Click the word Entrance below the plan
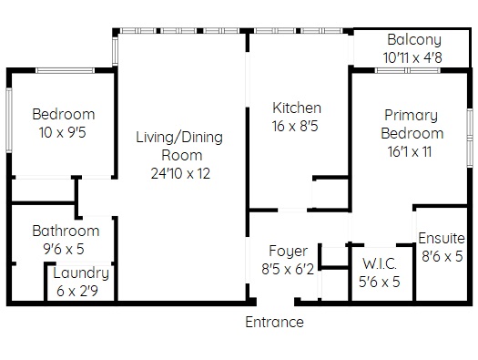pyautogui.click(x=274, y=322)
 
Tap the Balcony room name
pyautogui.click(x=414, y=40)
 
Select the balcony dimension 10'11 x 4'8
pyautogui.click(x=412, y=57)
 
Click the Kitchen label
pyautogui.click(x=297, y=108)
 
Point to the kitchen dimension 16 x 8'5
pyautogui.click(x=295, y=126)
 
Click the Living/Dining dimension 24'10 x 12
pyautogui.click(x=180, y=173)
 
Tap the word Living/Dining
pyautogui.click(x=179, y=138)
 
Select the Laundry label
pyautogui.click(x=81, y=273)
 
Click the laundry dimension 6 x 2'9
pyautogui.click(x=77, y=291)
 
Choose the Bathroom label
pyautogui.click(x=66, y=231)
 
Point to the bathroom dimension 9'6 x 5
pyautogui.click(x=64, y=249)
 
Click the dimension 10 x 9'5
pyautogui.click(x=63, y=132)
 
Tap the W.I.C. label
pyautogui.click(x=380, y=264)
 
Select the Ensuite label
pyautogui.click(x=442, y=238)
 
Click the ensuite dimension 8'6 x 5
pyautogui.click(x=442, y=256)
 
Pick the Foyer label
pyautogui.click(x=288, y=252)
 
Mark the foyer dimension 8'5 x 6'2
pyautogui.click(x=288, y=270)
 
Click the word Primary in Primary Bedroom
pyautogui.click(x=411, y=116)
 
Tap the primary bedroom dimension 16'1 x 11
pyautogui.click(x=410, y=151)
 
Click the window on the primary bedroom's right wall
pyautogui.click(x=471, y=138)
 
